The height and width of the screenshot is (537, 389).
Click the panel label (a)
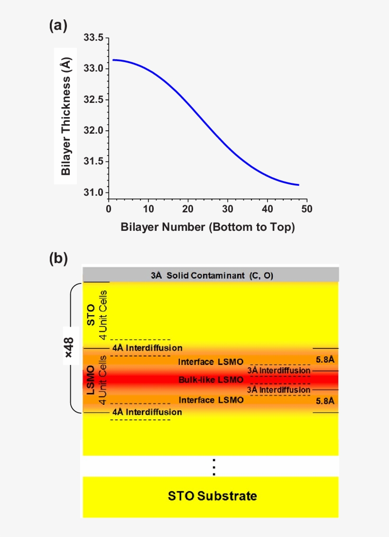click(x=58, y=26)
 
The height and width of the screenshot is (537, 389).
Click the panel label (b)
click(x=58, y=258)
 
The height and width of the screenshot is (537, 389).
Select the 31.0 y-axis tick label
click(x=93, y=193)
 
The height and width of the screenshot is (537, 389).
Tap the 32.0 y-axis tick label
click(x=93, y=131)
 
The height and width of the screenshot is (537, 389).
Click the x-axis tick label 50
click(x=307, y=209)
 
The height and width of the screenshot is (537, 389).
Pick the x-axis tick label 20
click(x=188, y=209)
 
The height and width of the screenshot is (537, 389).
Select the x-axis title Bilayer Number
click(x=208, y=228)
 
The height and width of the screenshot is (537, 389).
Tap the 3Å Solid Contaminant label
click(x=212, y=275)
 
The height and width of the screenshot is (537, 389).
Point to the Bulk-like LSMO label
click(x=211, y=380)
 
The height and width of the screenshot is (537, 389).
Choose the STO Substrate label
click(x=213, y=496)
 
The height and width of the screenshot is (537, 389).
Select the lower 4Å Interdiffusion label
click(x=147, y=412)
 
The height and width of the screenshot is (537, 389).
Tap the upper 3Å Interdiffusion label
click(x=279, y=370)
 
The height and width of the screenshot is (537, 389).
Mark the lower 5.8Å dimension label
click(x=325, y=401)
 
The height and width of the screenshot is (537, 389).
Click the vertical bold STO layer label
click(x=91, y=315)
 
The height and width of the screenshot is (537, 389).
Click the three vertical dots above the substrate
click(x=214, y=467)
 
